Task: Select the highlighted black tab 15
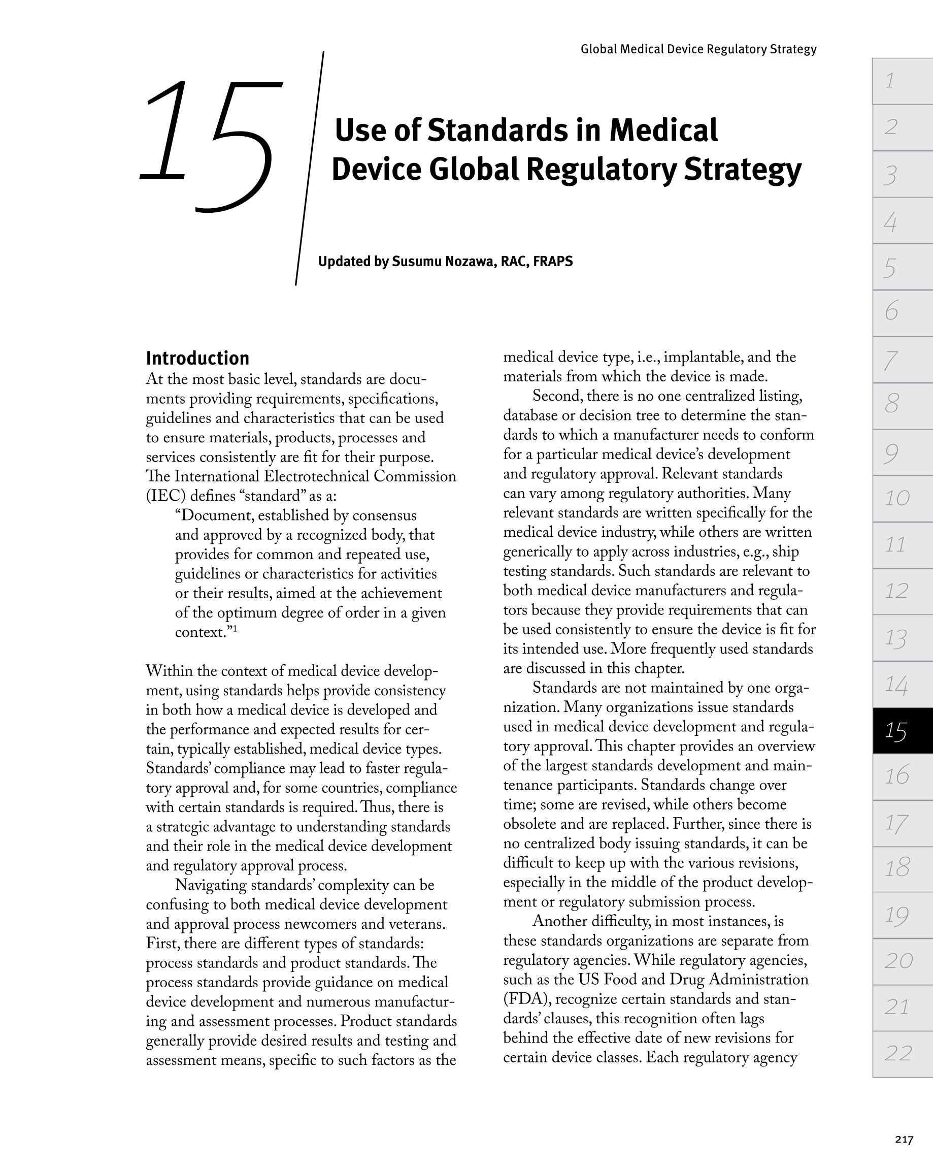(902, 731)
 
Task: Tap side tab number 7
(902, 360)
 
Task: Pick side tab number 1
(902, 81)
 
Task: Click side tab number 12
(902, 591)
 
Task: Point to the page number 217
(904, 1140)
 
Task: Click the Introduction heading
(197, 359)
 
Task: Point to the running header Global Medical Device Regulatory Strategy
(698, 49)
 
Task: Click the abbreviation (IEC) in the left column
(165, 496)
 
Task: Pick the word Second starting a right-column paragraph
(557, 396)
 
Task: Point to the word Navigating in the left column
(211, 885)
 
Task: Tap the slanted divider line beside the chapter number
(310, 168)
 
